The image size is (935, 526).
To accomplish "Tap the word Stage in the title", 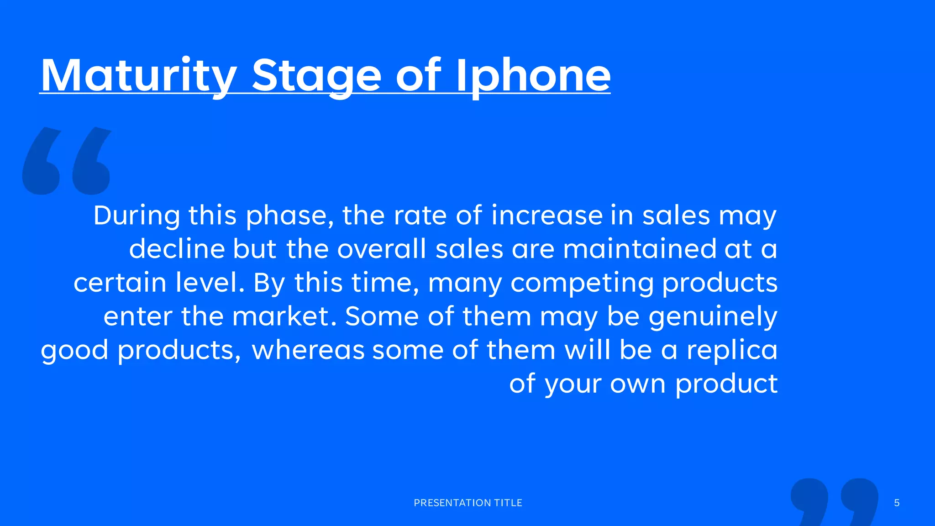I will (316, 76).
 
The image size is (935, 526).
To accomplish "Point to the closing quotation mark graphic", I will (835, 501).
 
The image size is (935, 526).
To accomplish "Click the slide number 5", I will (897, 503).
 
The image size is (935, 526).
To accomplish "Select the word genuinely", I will (713, 317).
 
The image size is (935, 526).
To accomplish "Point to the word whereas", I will (308, 350).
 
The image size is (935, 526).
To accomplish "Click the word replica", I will (732, 350).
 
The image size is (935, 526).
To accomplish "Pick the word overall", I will (382, 249).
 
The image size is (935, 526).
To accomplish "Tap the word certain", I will (120, 283).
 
